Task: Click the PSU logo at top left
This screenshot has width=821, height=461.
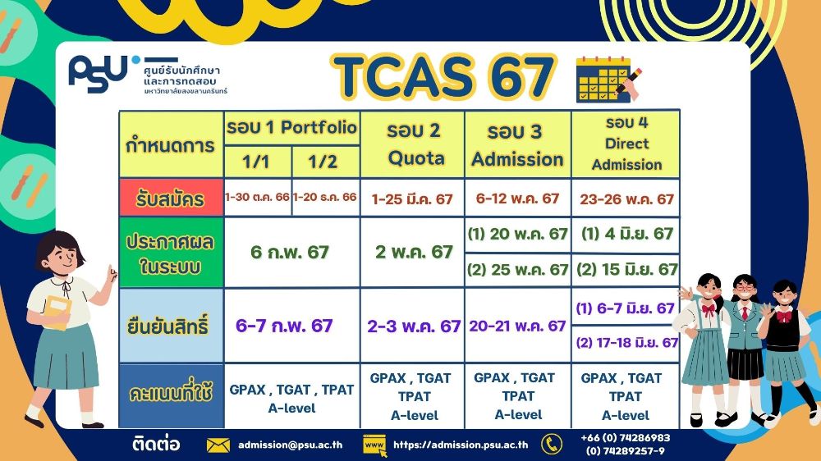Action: [99, 75]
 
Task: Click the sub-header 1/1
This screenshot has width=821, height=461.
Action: [257, 162]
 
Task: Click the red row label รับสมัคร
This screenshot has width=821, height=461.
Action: [171, 199]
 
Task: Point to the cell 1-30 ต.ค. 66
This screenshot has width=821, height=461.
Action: [257, 198]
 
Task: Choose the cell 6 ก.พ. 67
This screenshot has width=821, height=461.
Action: [291, 253]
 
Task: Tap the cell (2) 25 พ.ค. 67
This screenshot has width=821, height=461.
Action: [518, 269]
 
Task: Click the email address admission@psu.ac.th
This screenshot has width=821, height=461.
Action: [291, 445]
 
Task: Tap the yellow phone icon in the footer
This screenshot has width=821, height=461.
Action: [552, 445]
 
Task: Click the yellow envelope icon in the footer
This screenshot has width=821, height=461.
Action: [218, 445]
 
